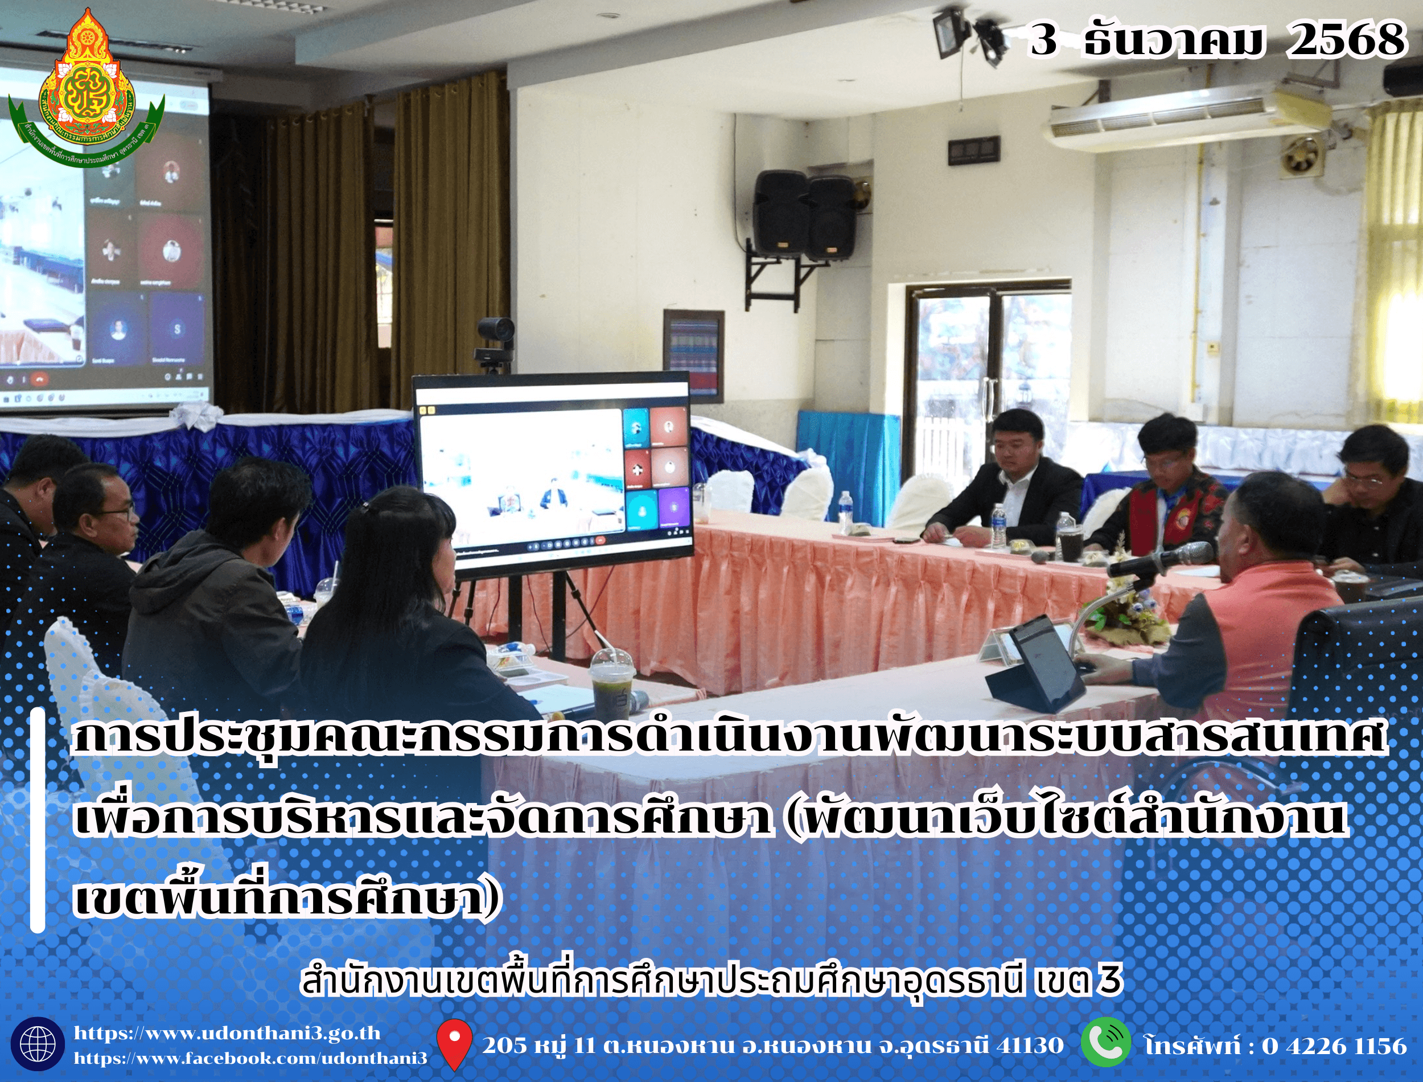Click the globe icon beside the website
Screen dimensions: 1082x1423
pyautogui.click(x=38, y=1044)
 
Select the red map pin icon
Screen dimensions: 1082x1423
pyautogui.click(x=454, y=1043)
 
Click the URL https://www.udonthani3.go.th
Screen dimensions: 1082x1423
pyautogui.click(x=227, y=1033)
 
